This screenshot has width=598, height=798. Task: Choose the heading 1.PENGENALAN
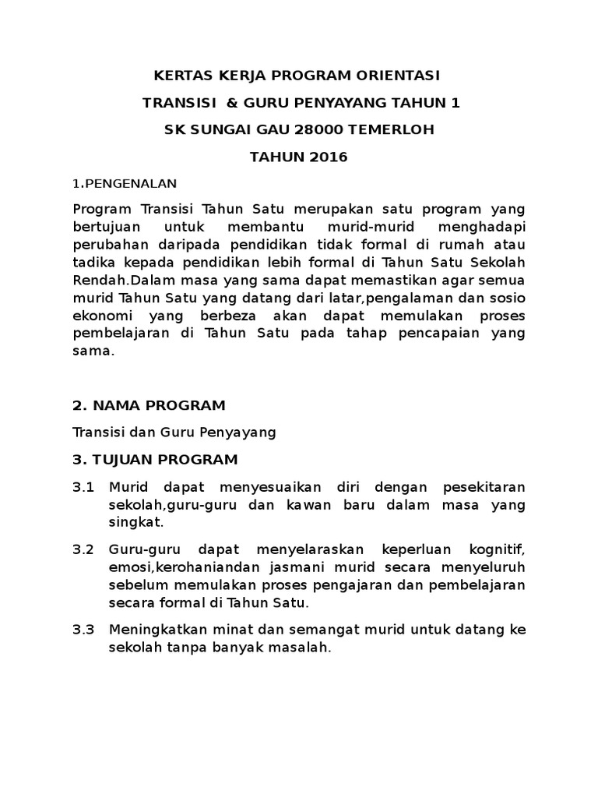pos(125,184)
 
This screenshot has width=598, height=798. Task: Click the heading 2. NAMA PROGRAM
pos(149,404)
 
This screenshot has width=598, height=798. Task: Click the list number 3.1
pos(83,487)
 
